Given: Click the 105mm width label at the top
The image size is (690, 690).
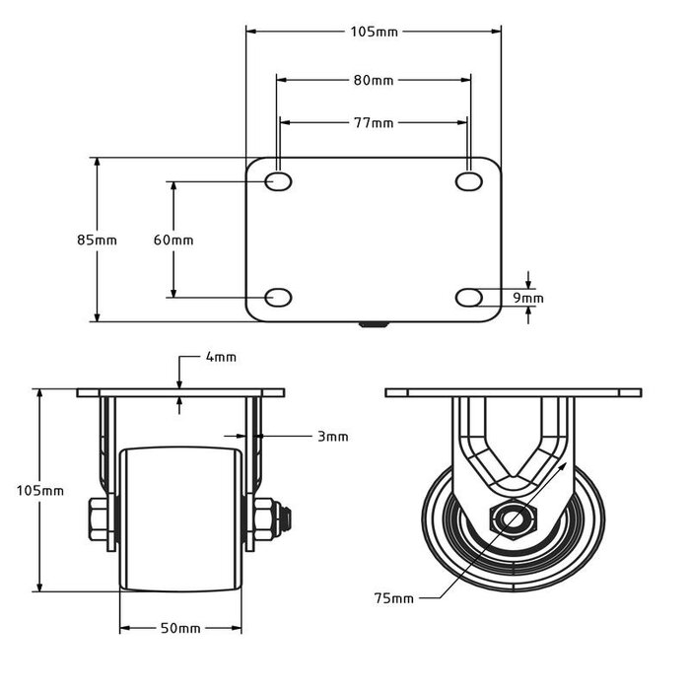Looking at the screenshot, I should coord(374,32).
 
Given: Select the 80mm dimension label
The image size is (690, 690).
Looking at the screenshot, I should coord(374,80).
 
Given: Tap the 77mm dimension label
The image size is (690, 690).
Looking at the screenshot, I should coord(374,123).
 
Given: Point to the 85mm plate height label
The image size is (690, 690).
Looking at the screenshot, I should coord(97,240).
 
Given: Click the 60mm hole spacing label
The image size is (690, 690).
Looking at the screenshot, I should coord(173,240).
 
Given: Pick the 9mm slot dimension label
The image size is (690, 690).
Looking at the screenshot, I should coord(529,297).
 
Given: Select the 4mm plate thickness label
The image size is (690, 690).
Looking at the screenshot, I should coord(221,358).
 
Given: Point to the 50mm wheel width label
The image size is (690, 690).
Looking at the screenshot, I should coord(180,628).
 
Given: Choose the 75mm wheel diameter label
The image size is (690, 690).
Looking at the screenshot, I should coord(394,597).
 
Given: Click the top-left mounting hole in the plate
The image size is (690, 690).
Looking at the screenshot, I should coord(279,182).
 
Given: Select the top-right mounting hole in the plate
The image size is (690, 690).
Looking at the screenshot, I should coord(469,182).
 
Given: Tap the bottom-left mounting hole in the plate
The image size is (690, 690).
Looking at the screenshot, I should coord(279,297).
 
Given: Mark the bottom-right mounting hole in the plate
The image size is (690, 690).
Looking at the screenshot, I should coord(469,297).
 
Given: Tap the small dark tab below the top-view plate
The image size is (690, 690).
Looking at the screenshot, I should coord(374,324).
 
